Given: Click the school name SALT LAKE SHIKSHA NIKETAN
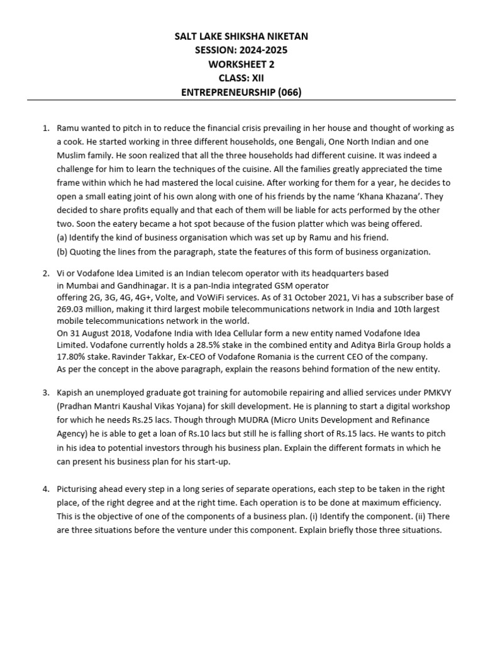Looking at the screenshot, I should (x=241, y=37).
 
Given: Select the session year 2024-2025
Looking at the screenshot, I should (x=264, y=50).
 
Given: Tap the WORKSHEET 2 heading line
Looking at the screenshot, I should (x=241, y=64).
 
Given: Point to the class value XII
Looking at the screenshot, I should (x=256, y=78).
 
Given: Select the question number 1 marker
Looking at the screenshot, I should (x=45, y=128).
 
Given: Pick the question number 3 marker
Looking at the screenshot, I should (x=45, y=392).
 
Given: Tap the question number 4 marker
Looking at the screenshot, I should (x=45, y=489).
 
